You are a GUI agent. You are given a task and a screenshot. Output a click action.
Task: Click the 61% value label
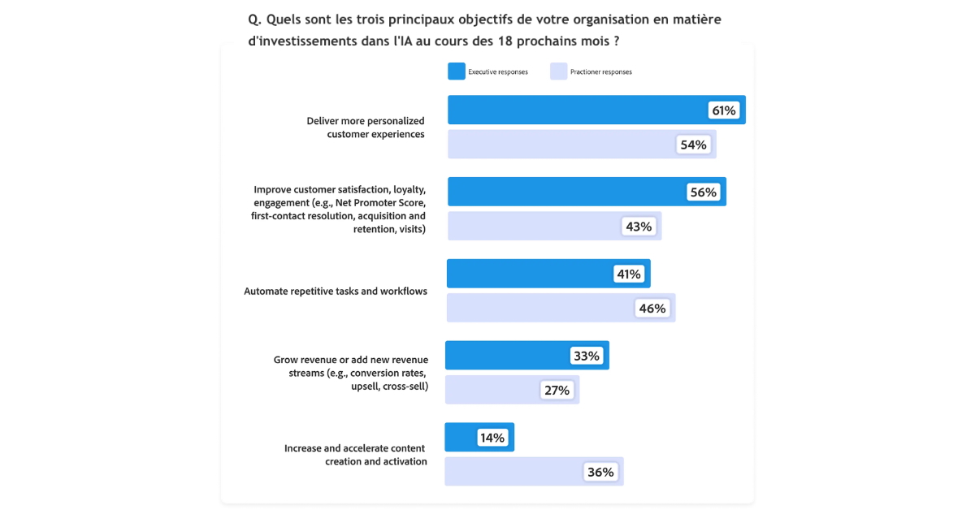[x=724, y=110]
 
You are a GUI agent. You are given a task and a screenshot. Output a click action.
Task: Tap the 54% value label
[x=693, y=145]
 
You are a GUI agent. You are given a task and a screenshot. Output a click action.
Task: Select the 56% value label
[x=703, y=192]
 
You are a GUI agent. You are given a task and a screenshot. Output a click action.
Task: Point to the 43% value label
[x=639, y=227]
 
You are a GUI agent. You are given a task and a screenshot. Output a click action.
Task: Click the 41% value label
[x=629, y=274]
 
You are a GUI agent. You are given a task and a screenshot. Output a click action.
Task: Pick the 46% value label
[x=652, y=309]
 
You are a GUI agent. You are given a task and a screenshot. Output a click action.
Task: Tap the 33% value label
[x=587, y=356]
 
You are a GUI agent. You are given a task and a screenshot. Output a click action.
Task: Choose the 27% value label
[x=557, y=391]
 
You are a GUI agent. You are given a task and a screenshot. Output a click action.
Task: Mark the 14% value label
[x=492, y=438]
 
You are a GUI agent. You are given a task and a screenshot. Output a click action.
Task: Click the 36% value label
[x=601, y=472]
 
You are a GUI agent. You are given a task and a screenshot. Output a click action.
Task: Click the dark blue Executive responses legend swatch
[x=456, y=71]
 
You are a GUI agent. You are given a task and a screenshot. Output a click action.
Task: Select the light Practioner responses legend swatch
[x=558, y=71]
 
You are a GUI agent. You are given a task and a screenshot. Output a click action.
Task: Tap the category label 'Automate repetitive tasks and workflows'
[x=336, y=291]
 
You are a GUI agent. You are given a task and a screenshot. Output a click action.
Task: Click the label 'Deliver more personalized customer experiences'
[x=366, y=127]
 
